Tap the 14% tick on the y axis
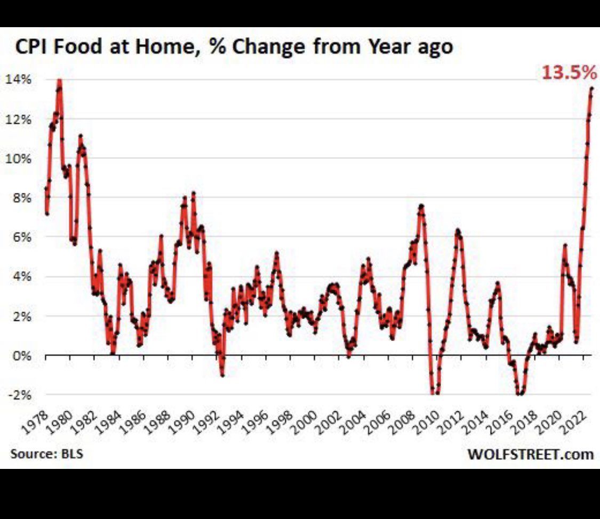[x=20, y=80]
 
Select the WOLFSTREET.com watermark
[x=530, y=455]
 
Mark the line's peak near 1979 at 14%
[x=59, y=81]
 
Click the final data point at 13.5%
[x=591, y=89]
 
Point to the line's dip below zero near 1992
[x=222, y=375]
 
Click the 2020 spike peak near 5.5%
[x=565, y=246]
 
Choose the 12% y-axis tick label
[x=20, y=119]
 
